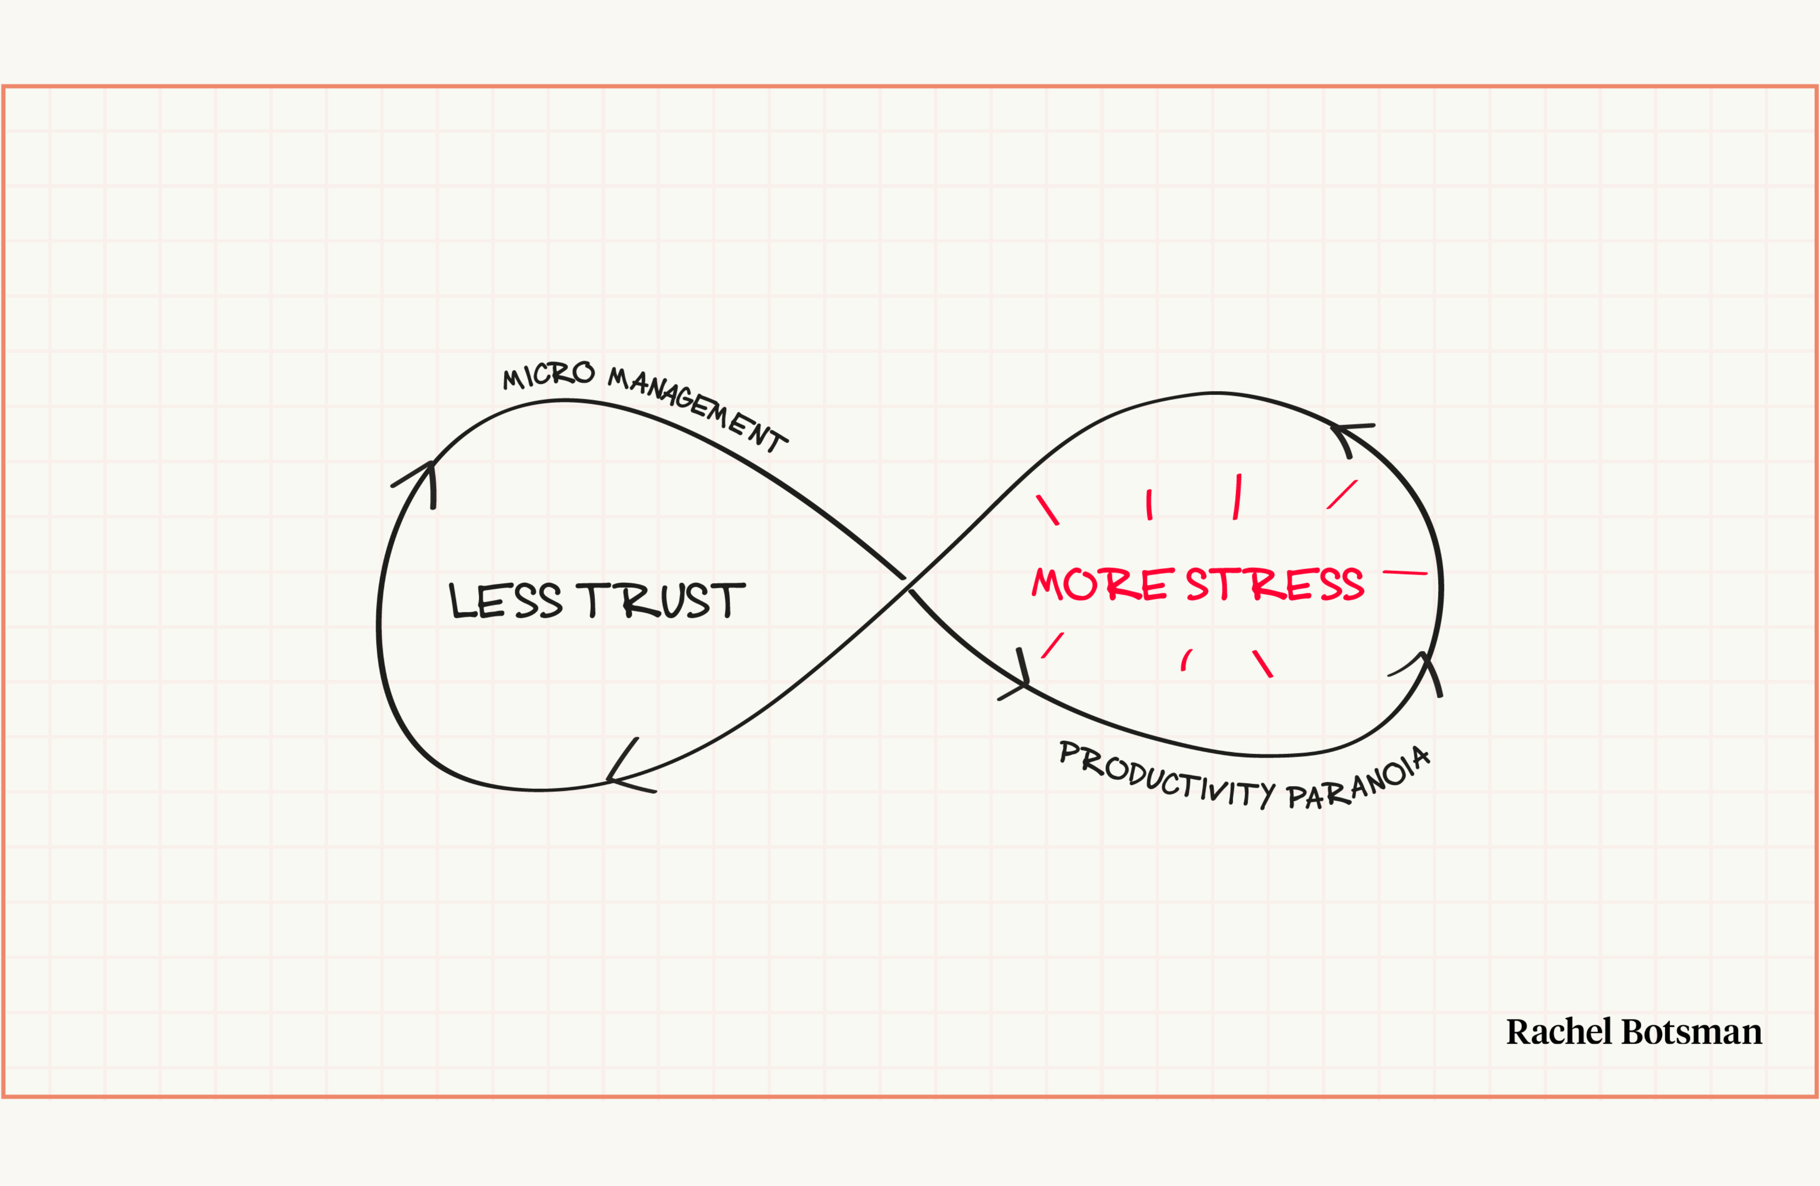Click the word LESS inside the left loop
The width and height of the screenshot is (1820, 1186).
click(x=505, y=600)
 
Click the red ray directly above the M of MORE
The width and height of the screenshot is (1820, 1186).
click(x=1048, y=510)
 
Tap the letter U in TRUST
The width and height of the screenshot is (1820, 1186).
click(x=673, y=600)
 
